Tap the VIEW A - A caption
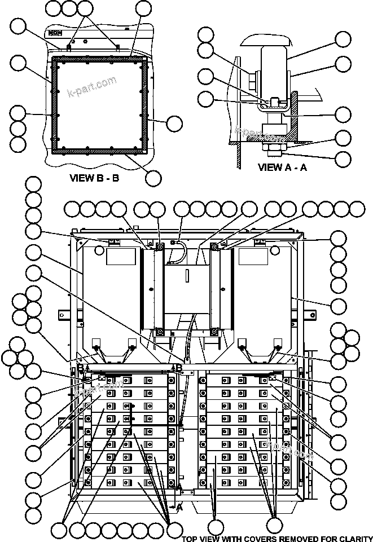[x=282, y=167]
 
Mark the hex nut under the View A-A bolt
[x=274, y=148]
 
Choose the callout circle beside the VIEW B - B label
[x=153, y=178]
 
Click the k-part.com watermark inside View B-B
[x=91, y=86]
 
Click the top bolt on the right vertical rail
[x=215, y=246]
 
